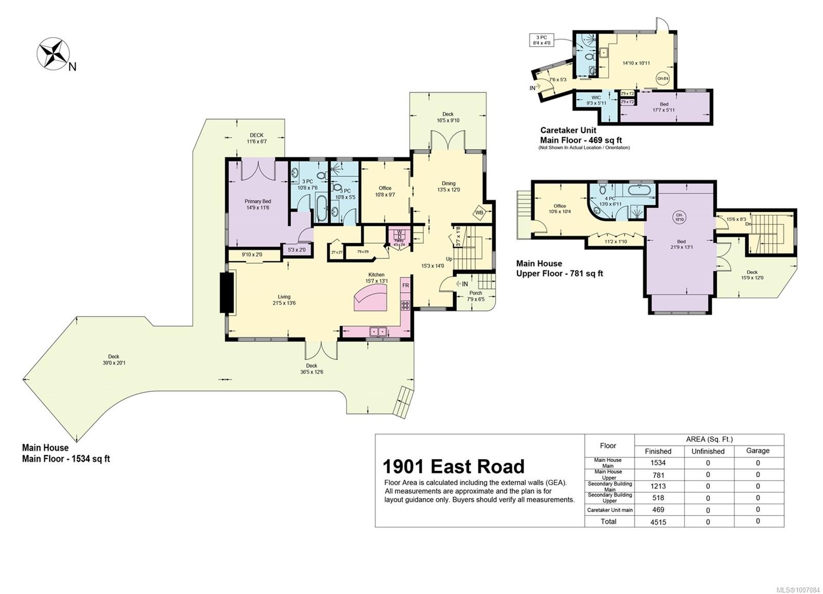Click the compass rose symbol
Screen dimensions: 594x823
[x=53, y=53]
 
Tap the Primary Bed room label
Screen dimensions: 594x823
[x=258, y=204]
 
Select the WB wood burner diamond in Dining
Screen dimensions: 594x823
[x=479, y=212]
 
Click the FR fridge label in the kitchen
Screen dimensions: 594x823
[x=405, y=285]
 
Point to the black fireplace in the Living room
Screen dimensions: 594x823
[x=227, y=293]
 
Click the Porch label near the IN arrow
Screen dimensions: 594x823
[x=476, y=296]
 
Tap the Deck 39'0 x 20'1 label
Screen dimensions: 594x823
[x=114, y=359]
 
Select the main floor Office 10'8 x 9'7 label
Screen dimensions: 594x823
[x=385, y=191]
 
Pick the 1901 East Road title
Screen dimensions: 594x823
[x=453, y=466]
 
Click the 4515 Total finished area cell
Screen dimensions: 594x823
[x=658, y=521]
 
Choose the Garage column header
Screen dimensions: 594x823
[x=758, y=451]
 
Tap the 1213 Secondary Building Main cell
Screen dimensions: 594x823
[x=658, y=486]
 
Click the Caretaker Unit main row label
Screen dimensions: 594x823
[x=610, y=510]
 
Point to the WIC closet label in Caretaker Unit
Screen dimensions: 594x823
[x=596, y=100]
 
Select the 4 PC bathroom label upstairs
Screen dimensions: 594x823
[x=611, y=201]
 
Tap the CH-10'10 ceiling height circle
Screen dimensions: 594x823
[x=679, y=217]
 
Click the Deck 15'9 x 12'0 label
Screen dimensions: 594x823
[x=752, y=275]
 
